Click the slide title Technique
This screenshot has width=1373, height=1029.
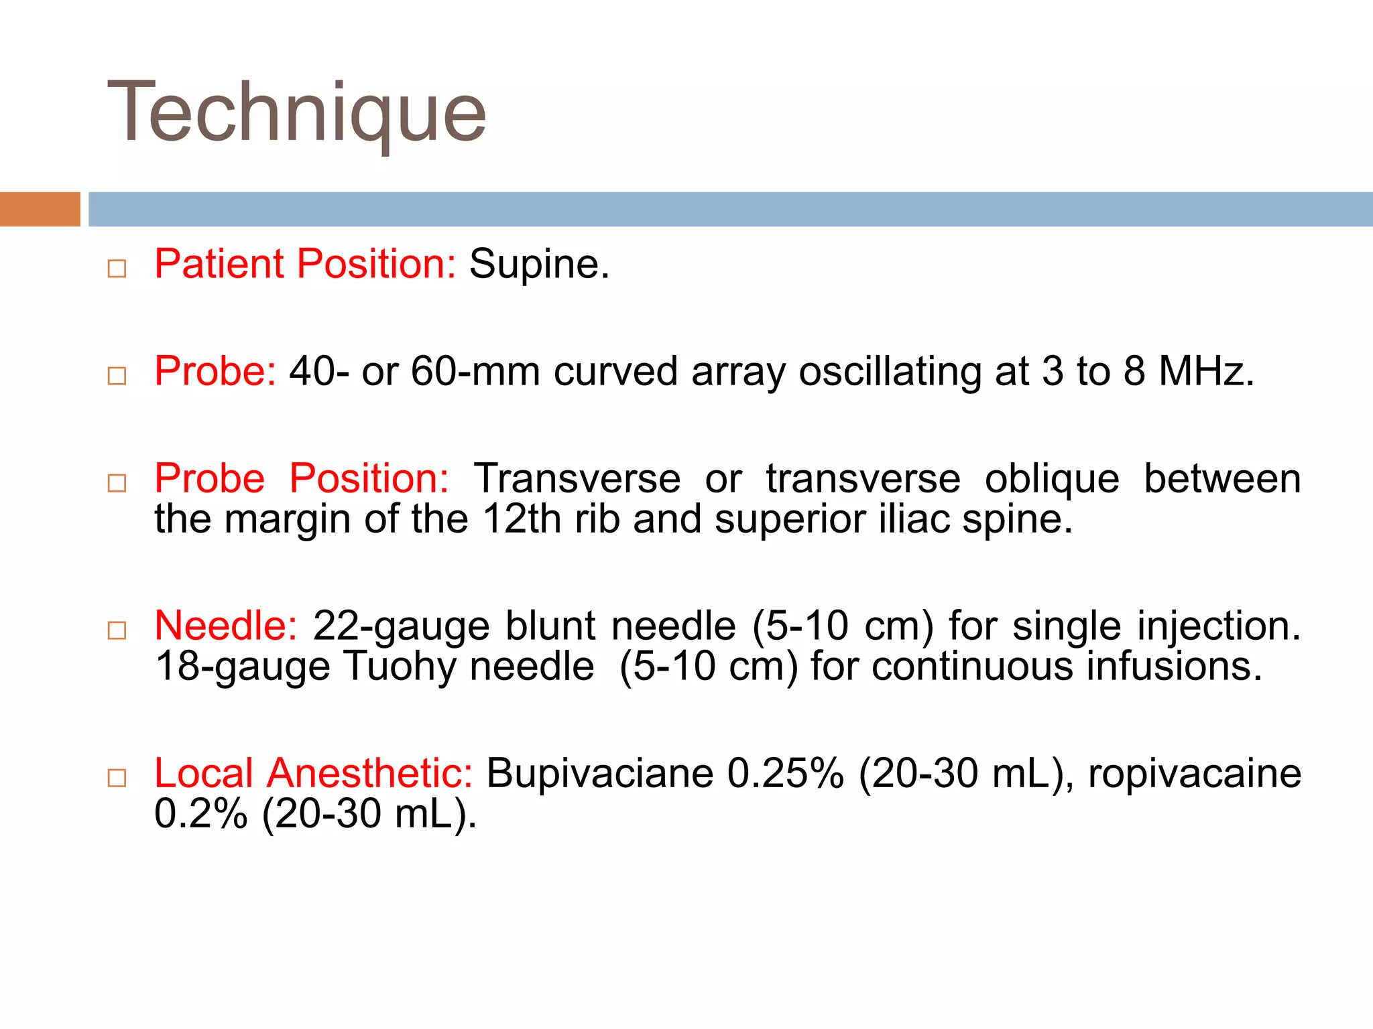coord(296,113)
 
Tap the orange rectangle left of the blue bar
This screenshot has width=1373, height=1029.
coord(40,209)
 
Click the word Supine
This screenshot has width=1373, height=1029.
coord(539,264)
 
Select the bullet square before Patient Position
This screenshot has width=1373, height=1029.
coord(117,269)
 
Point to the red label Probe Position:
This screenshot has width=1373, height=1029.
coord(301,478)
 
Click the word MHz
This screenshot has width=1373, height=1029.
coord(1205,370)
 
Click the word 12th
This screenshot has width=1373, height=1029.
coord(521,519)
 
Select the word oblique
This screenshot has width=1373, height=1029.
coord(1051,480)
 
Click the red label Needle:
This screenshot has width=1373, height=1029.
coord(225,626)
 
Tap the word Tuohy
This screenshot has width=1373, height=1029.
coord(400,667)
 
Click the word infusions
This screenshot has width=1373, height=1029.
coord(1173,667)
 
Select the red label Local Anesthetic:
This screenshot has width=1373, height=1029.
coord(313,773)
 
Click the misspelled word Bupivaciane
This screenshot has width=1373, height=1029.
coord(599,774)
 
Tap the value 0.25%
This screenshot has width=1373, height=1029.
coord(785,773)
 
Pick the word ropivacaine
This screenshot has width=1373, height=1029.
coord(1194,774)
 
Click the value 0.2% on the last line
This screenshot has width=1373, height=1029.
coord(200,814)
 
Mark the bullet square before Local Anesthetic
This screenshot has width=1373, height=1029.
coord(117,778)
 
